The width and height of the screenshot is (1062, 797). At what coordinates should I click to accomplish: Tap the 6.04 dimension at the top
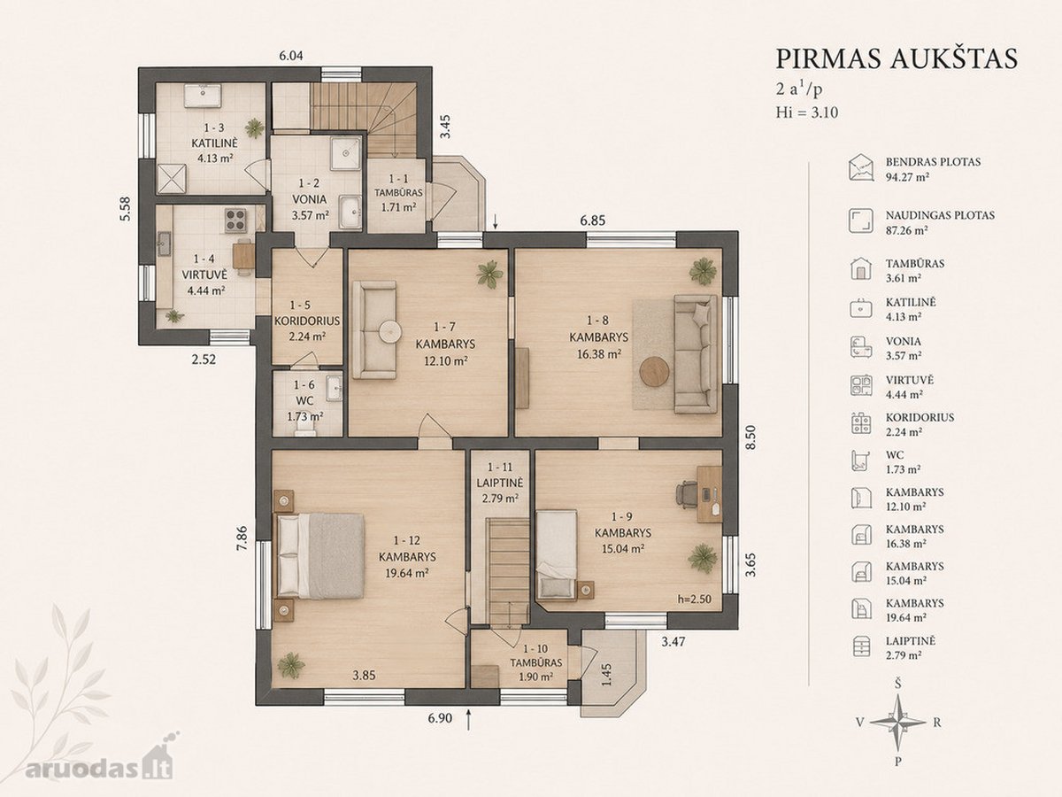tap(291, 56)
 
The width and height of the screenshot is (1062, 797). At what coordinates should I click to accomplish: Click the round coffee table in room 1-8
tap(655, 372)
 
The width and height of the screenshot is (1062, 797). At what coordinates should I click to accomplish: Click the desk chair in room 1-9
tap(686, 494)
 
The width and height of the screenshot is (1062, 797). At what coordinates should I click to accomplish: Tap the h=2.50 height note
tap(695, 600)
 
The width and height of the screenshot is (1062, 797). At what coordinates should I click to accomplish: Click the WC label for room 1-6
tap(304, 400)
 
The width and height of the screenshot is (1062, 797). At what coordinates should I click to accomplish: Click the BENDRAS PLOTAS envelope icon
tap(860, 168)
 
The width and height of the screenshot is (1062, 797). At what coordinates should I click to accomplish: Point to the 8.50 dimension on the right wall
tap(750, 437)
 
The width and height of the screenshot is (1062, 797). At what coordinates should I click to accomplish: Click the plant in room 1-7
tap(490, 274)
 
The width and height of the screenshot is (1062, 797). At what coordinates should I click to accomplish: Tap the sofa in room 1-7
tap(374, 329)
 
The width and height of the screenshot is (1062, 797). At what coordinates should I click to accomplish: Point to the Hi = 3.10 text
tap(807, 112)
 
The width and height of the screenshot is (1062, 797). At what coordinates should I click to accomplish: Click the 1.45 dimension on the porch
tap(607, 674)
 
